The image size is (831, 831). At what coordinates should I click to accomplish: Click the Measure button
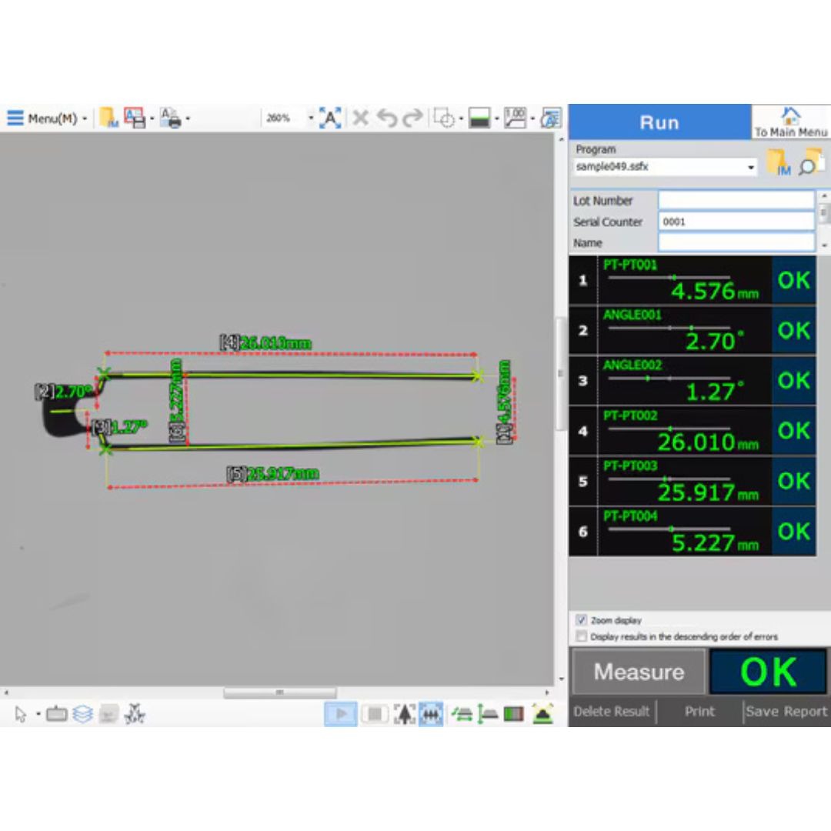(638, 672)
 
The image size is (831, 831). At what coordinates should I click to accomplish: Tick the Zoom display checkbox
(582, 620)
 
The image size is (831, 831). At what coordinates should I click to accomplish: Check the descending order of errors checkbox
(582, 637)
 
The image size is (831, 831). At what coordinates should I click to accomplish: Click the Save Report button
(786, 712)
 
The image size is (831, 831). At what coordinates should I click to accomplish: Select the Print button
(699, 712)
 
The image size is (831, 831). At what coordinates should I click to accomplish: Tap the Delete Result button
(612, 712)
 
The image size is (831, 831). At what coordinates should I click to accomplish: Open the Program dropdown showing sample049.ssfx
(666, 166)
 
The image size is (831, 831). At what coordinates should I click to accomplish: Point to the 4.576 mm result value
(703, 292)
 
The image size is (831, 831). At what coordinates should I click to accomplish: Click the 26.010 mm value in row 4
(696, 442)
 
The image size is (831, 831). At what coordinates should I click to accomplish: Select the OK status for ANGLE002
(793, 381)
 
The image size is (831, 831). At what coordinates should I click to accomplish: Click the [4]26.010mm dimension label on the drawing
(266, 342)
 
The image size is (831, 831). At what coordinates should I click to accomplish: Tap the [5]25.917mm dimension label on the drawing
(272, 474)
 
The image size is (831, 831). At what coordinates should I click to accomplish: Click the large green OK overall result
(768, 672)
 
